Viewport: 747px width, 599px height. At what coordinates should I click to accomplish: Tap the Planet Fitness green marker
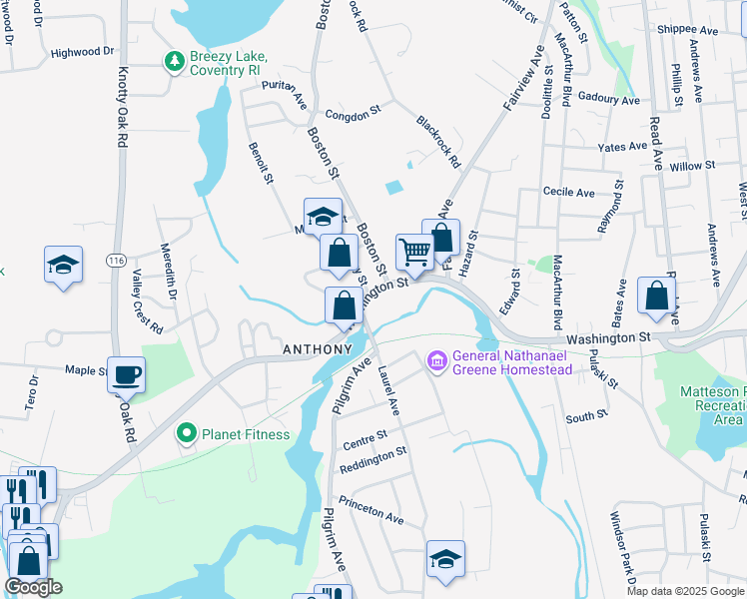pyautogui.click(x=186, y=433)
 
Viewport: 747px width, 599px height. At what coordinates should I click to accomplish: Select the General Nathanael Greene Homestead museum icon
pyautogui.click(x=436, y=359)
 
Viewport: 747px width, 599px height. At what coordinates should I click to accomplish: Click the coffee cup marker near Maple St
pyautogui.click(x=126, y=374)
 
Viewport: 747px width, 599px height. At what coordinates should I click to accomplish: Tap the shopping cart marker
pyautogui.click(x=413, y=251)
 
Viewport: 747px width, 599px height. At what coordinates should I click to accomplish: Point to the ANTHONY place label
pyautogui.click(x=318, y=349)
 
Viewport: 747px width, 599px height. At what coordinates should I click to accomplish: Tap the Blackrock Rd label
pyautogui.click(x=438, y=143)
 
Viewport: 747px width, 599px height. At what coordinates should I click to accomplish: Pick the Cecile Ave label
pyautogui.click(x=568, y=192)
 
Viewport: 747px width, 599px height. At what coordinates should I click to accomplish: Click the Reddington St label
pyautogui.click(x=373, y=451)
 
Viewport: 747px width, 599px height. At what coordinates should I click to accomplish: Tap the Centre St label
pyautogui.click(x=364, y=436)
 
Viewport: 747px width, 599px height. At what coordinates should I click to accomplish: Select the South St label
pyautogui.click(x=586, y=415)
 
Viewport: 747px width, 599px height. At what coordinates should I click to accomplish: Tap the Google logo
pyautogui.click(x=33, y=587)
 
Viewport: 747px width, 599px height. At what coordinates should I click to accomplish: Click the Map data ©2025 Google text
pyautogui.click(x=685, y=591)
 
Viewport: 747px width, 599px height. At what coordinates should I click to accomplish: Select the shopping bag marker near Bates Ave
pyautogui.click(x=656, y=295)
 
